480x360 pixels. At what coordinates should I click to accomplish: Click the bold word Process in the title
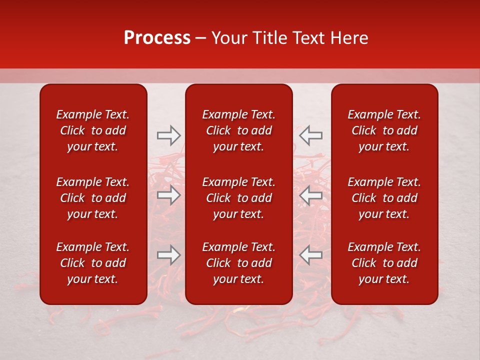click(x=157, y=38)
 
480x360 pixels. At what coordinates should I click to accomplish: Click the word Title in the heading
click(x=269, y=38)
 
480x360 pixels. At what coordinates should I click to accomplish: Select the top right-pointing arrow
click(x=168, y=135)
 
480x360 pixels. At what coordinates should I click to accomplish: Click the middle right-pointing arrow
click(x=168, y=195)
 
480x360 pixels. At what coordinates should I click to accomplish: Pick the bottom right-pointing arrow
click(x=168, y=255)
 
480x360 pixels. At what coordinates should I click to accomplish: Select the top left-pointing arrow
click(x=311, y=135)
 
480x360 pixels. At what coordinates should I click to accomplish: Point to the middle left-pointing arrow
click(x=311, y=195)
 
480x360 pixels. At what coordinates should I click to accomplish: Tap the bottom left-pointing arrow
click(x=311, y=255)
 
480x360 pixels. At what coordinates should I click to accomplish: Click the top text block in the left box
click(x=93, y=130)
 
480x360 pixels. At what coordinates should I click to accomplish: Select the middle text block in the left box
click(x=93, y=198)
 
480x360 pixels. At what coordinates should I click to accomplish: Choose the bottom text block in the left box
click(x=93, y=263)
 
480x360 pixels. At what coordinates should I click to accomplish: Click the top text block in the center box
click(x=239, y=130)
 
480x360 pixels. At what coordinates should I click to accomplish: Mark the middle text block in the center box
click(x=239, y=198)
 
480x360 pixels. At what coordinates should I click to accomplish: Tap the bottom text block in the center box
click(x=239, y=263)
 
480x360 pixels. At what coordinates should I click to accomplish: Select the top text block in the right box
click(x=384, y=130)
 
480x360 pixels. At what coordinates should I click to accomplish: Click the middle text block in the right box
click(x=384, y=198)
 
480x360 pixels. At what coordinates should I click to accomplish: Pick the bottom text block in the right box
click(x=384, y=263)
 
